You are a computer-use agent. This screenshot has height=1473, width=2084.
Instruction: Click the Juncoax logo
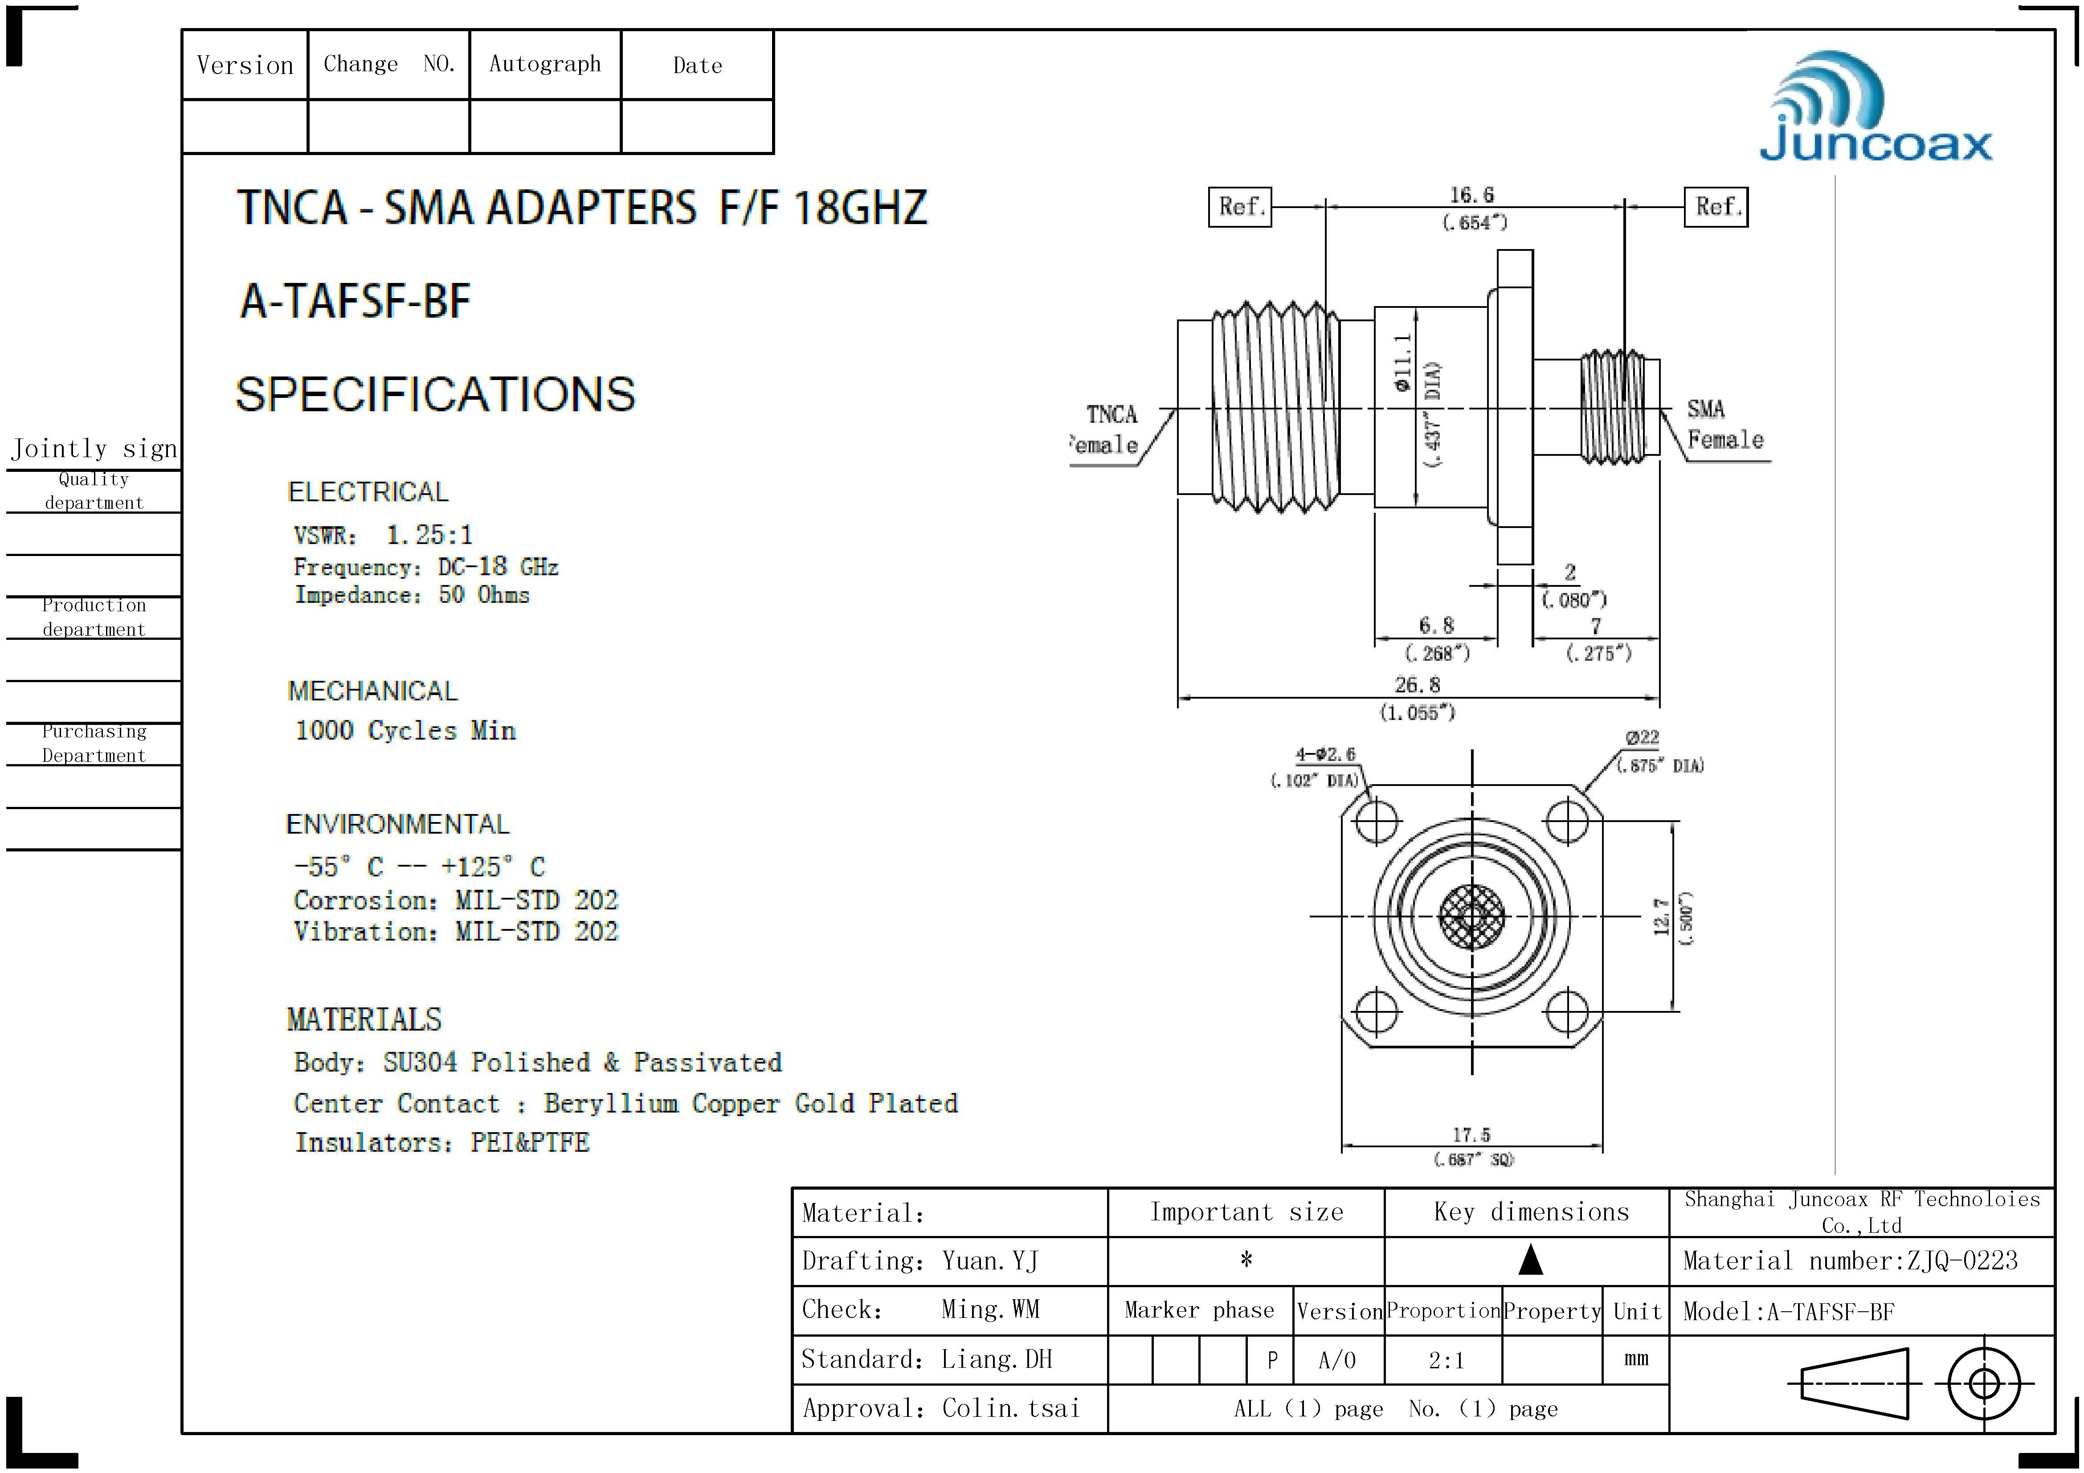[x=1875, y=107]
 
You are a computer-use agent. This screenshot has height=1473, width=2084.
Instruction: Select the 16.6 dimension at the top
[x=1471, y=195]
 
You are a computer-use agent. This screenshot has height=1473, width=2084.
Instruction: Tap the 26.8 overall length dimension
[x=1417, y=684]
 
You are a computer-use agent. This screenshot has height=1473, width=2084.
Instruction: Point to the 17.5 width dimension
[x=1471, y=1134]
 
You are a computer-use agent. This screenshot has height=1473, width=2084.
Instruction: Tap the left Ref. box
[x=1240, y=207]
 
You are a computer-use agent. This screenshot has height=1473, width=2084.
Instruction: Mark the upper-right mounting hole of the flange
[x=1567, y=821]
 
